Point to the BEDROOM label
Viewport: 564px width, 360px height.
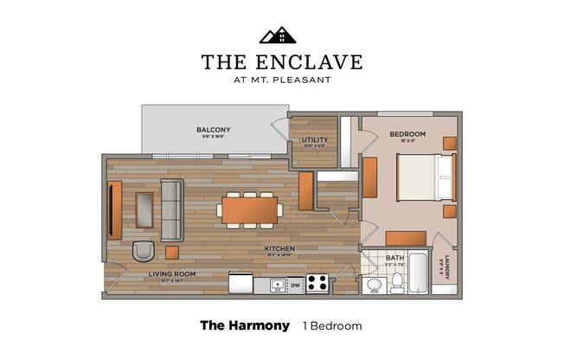coord(407,134)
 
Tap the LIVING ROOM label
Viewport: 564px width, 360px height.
coord(171,273)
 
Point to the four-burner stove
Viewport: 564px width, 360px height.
coord(317,283)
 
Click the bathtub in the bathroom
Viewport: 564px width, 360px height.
coord(419,273)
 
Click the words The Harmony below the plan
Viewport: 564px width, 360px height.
coord(243,326)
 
